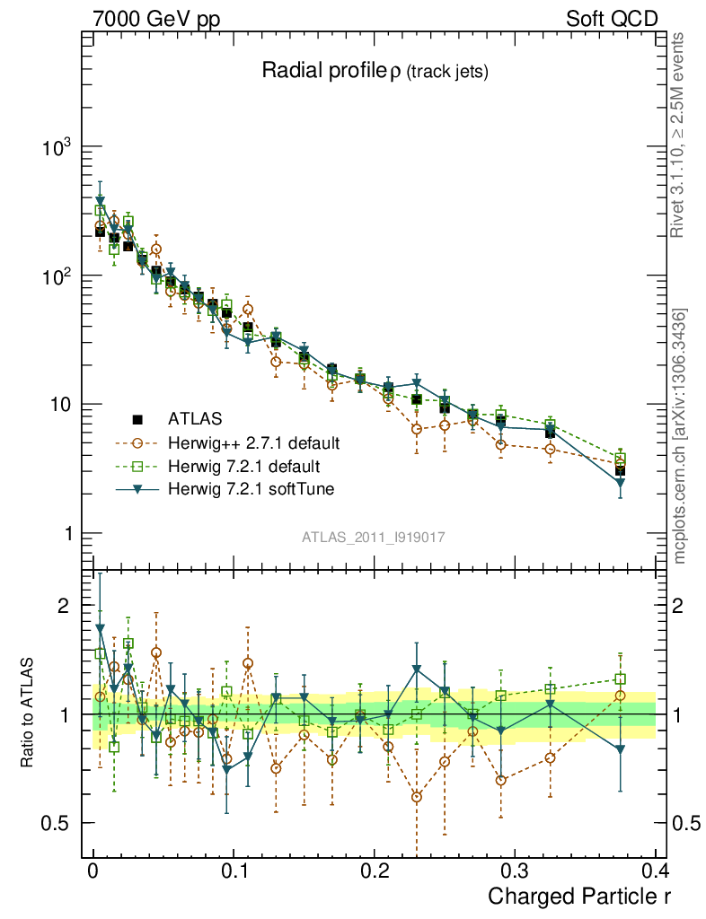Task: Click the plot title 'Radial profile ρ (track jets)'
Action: pos(375,72)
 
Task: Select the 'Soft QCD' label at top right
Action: pos(612,19)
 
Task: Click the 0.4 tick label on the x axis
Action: pos(655,871)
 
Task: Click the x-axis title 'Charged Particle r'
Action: pos(579,896)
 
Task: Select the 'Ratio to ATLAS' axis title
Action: pos(29,713)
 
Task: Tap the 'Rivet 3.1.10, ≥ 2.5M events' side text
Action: pos(679,135)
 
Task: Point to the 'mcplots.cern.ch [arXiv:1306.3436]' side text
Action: pos(679,435)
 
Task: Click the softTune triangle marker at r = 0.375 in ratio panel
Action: pos(620,750)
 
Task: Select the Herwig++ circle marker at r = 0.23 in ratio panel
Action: pos(416,796)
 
